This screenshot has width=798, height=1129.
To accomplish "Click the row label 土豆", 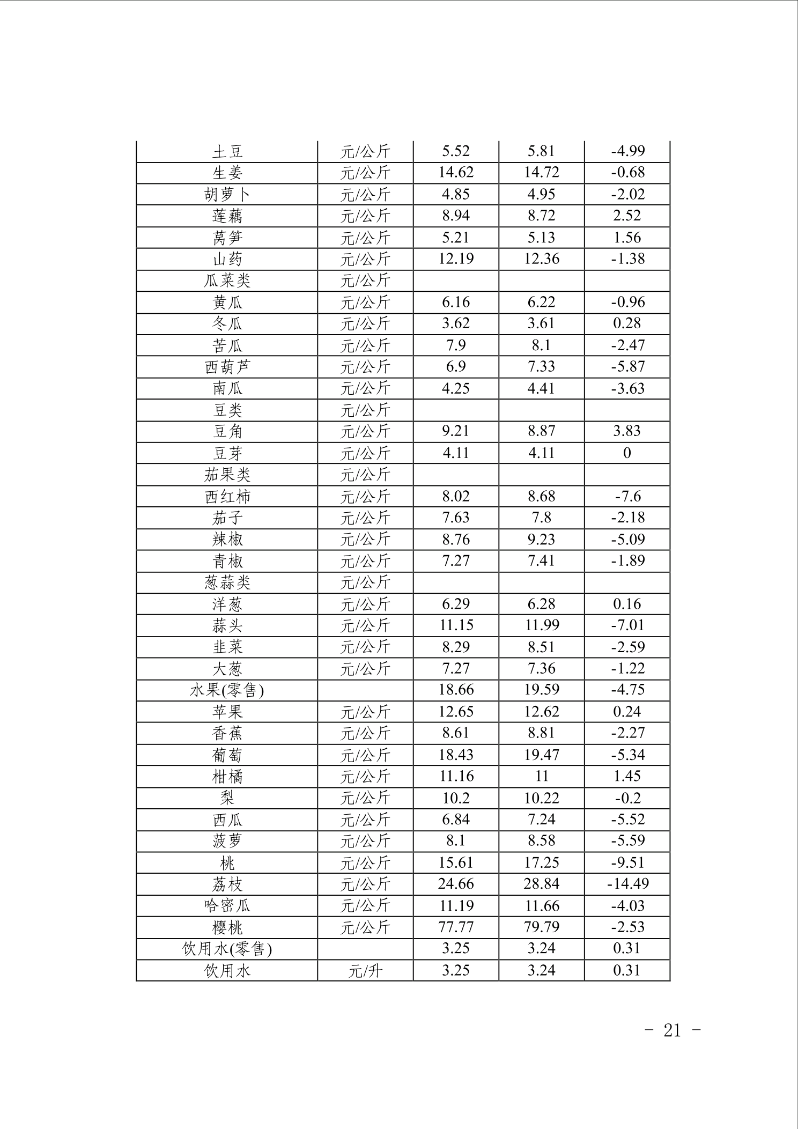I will coord(227,152).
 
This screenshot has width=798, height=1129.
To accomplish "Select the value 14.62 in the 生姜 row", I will coord(455,173).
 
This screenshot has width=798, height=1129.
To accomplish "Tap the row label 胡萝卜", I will coord(227,195).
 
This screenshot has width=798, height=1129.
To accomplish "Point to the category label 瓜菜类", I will coord(227,281).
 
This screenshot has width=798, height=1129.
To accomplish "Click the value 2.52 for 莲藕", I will coord(626,216).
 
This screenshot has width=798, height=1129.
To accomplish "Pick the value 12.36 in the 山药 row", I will coord(541,259).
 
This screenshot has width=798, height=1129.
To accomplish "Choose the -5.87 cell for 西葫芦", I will coord(627,367).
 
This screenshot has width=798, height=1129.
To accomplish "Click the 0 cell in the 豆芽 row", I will coord(627,453).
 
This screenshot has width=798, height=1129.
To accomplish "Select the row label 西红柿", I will coord(227,497).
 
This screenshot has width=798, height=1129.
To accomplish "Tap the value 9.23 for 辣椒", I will coord(541,540).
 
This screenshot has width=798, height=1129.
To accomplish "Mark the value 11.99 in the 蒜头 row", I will coord(541,625).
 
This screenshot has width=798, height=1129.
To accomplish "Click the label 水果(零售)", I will coord(227,690).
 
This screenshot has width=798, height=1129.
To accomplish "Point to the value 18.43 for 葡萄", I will coord(455,755).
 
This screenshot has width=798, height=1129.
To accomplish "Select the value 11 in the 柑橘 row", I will coord(542,776).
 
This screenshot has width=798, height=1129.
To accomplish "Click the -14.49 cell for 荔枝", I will coord(627,884).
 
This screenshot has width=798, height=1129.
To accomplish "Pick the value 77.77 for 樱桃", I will coord(455,927).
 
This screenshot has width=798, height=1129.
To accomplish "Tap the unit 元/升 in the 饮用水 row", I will coord(365,971).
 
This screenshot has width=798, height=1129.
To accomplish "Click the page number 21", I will coord(672,1030).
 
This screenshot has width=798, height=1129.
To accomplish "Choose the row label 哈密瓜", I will coord(227,906).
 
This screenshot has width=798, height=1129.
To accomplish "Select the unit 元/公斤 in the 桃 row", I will coord(365,863).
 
